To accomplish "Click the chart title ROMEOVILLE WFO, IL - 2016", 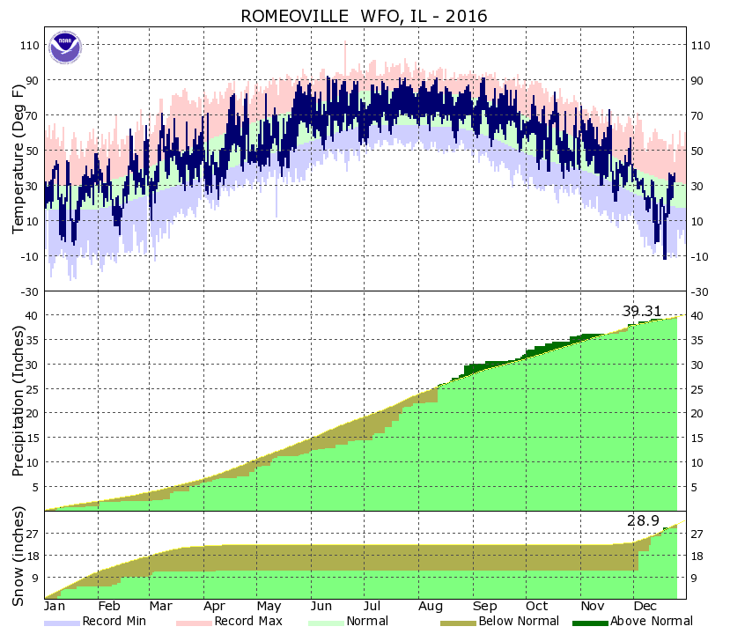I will [365, 16].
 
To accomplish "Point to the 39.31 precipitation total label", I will [641, 311].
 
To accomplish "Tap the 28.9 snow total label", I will [643, 521].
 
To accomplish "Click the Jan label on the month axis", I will [55, 607].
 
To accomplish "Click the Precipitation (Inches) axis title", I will [18, 401].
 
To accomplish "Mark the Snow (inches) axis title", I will [18, 556].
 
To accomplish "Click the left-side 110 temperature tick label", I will [29, 45].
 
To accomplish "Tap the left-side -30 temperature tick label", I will [29, 291].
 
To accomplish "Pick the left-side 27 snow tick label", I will [32, 534].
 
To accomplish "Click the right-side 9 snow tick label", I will [694, 578].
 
